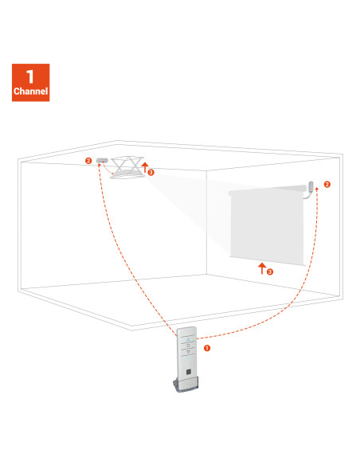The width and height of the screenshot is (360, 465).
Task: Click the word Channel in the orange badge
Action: coord(30,91)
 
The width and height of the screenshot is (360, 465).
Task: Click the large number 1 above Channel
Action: coord(29,76)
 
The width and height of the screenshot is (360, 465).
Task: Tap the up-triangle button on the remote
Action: coord(188,339)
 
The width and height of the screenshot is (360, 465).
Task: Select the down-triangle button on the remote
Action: coord(188,352)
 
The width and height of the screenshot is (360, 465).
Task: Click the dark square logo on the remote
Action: coord(189,372)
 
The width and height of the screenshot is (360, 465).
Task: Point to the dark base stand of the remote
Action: coord(186,385)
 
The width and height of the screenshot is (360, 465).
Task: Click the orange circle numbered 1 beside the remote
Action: coord(207,348)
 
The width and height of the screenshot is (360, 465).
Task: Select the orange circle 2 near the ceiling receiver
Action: coord(88,161)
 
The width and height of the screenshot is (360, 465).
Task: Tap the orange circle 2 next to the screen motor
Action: coord(327,185)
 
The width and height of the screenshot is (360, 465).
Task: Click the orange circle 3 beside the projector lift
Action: coord(151,172)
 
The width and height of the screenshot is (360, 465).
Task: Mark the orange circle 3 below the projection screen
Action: coord(270,272)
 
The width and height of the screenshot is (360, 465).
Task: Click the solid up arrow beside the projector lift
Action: coord(145,167)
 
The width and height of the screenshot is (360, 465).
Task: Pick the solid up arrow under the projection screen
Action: coord(261,268)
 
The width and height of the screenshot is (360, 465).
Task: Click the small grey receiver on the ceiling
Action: coord(102,160)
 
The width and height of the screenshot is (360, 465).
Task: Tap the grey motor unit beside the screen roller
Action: coord(311,186)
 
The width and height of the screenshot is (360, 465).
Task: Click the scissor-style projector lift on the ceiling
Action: coord(127,167)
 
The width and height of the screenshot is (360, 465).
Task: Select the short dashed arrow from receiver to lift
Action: coord(107,170)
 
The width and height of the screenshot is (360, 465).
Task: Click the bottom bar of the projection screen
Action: coord(268,261)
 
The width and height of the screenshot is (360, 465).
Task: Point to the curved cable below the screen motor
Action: coord(307,195)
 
